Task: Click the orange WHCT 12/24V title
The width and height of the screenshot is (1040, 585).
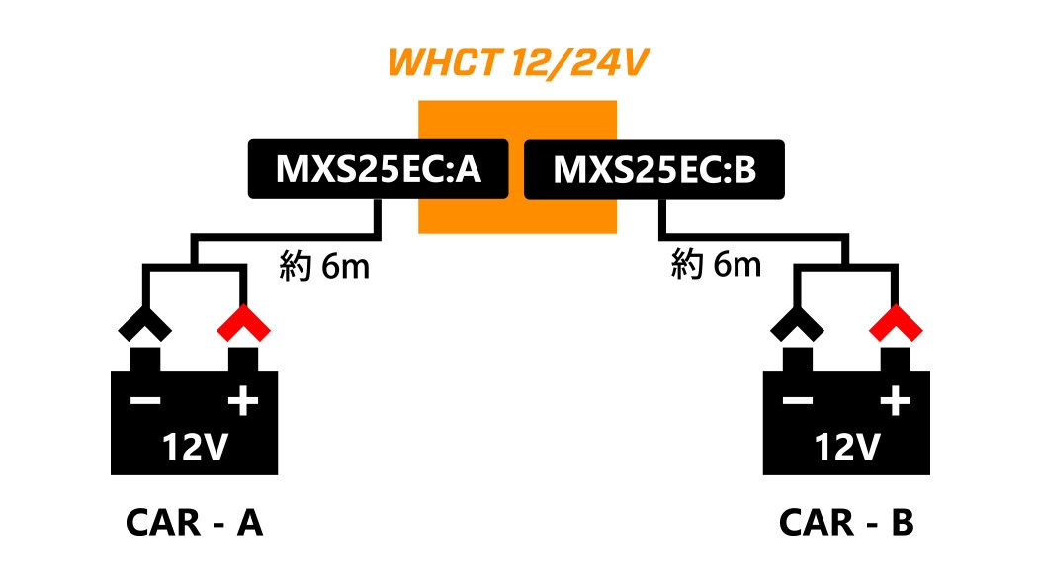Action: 518,62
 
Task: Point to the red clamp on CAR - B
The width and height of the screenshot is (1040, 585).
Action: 895,322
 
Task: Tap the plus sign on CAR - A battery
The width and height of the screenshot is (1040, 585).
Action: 242,401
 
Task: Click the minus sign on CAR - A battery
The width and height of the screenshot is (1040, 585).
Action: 145,401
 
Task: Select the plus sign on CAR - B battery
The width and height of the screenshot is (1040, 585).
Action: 895,401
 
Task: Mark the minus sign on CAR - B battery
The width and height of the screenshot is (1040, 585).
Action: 798,401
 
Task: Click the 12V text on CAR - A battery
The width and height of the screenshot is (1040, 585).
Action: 194,448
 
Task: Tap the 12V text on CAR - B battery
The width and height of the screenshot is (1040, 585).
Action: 846,448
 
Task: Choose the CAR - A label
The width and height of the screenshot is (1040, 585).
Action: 194,523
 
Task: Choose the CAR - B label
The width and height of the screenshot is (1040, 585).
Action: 846,523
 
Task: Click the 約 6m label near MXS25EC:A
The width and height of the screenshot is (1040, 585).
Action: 324,266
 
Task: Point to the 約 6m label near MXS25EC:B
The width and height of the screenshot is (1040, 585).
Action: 716,264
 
